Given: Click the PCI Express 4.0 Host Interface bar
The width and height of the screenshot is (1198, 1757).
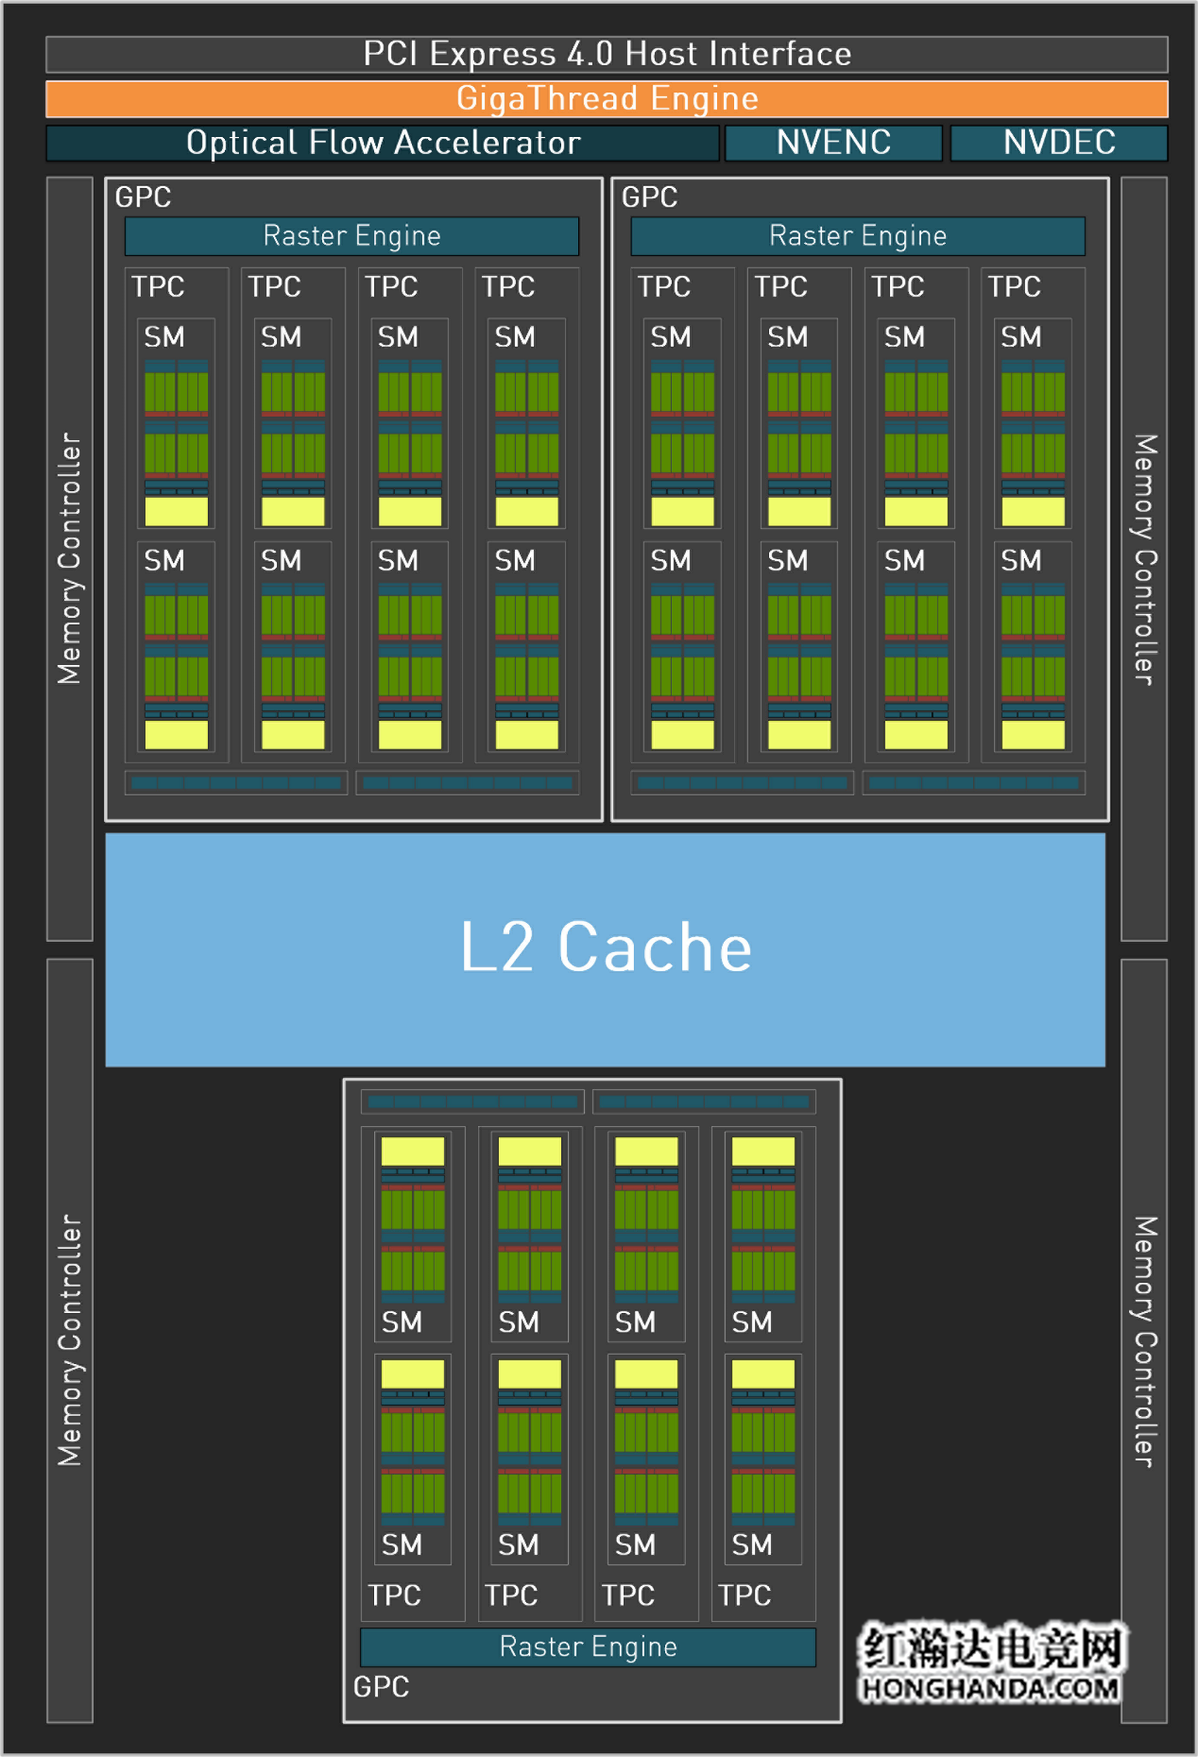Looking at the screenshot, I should point(607,54).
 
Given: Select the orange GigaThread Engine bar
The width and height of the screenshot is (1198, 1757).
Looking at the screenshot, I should point(607,98).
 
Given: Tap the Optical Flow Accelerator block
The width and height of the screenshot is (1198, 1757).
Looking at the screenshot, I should point(383,143).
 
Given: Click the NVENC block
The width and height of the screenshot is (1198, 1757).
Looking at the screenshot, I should point(833,143).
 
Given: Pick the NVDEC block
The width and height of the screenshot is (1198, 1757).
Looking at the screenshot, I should point(1059,143).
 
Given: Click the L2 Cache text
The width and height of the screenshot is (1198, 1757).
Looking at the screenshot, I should point(606,947).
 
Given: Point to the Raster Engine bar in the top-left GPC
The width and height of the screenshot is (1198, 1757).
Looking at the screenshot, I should point(351,235).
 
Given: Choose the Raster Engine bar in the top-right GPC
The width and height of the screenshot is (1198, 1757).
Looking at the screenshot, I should point(858,235).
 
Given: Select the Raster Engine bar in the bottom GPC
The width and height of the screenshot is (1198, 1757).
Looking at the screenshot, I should point(588,1646).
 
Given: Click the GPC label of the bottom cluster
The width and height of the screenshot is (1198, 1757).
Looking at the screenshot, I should point(381,1686).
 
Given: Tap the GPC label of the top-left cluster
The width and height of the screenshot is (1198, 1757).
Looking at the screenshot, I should point(143,196).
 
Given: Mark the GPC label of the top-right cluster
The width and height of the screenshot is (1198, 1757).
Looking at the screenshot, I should point(649,196).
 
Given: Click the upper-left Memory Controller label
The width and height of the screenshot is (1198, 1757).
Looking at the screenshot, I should point(70,558).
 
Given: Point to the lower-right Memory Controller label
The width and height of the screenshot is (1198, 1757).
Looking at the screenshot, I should point(1144,1341).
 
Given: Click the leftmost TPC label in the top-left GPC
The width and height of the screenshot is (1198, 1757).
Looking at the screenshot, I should point(158,286).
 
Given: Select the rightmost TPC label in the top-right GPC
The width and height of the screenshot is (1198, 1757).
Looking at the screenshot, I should point(1014,286).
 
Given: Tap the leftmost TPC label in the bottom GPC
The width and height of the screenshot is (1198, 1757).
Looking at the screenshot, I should point(394,1595).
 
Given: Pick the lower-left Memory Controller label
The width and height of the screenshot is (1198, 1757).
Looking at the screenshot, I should point(70,1341).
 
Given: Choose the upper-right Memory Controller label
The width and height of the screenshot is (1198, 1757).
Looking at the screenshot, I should point(1144,558).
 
